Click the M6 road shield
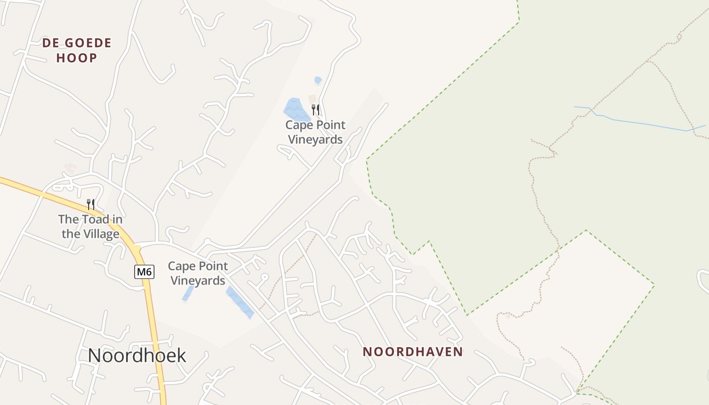[144, 272]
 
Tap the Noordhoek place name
[137, 355]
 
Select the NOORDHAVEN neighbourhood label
[413, 352]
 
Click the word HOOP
[76, 58]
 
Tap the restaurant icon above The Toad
[91, 205]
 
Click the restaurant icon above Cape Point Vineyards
[316, 110]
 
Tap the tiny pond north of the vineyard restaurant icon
[318, 80]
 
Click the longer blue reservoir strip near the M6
[240, 303]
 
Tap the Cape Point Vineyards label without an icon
[198, 273]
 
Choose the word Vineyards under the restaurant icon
[315, 140]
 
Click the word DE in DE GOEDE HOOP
[51, 43]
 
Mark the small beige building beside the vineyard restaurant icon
[312, 98]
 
